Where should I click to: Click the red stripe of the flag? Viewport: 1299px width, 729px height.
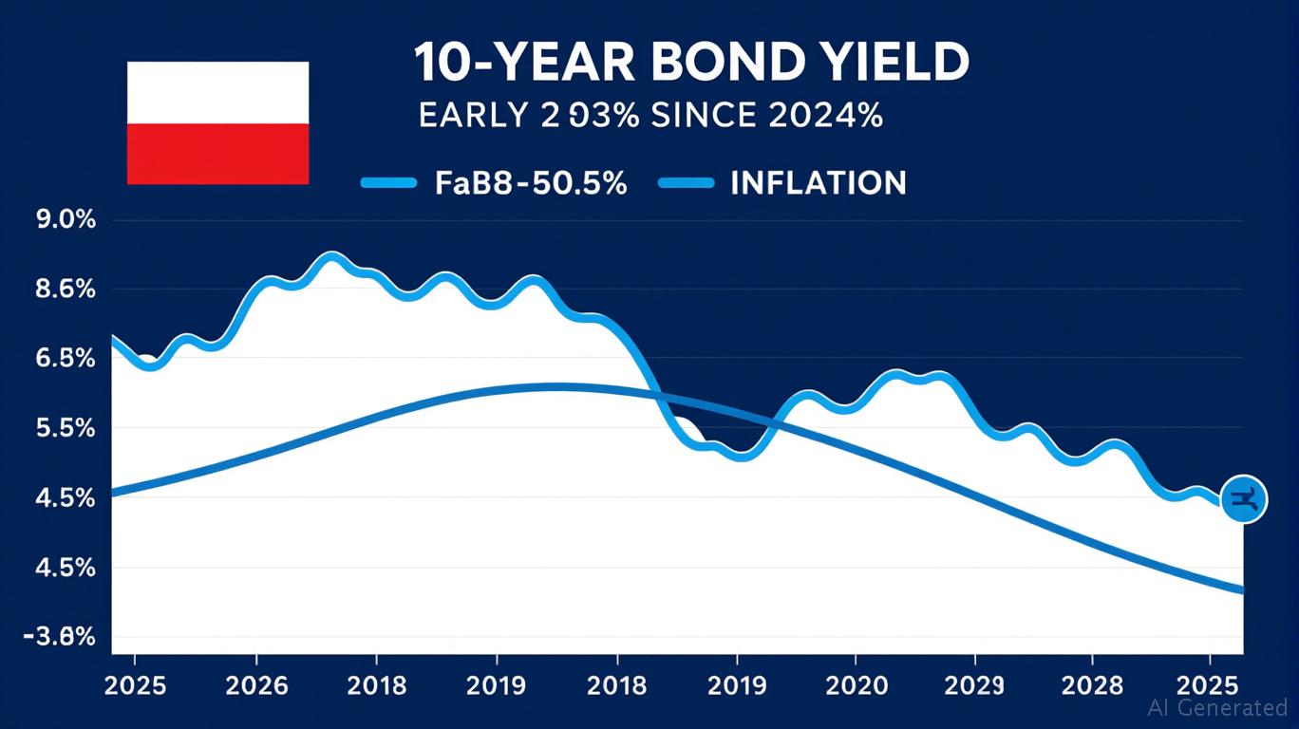(217, 153)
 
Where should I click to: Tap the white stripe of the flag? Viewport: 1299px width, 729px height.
(217, 93)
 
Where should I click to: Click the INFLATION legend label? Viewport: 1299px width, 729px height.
(818, 182)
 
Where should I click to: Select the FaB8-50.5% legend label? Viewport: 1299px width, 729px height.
(531, 182)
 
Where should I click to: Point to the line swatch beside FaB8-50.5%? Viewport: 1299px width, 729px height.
(389, 182)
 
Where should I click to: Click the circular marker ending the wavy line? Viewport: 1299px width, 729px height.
(1242, 499)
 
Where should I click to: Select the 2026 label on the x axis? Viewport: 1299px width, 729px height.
(254, 685)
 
